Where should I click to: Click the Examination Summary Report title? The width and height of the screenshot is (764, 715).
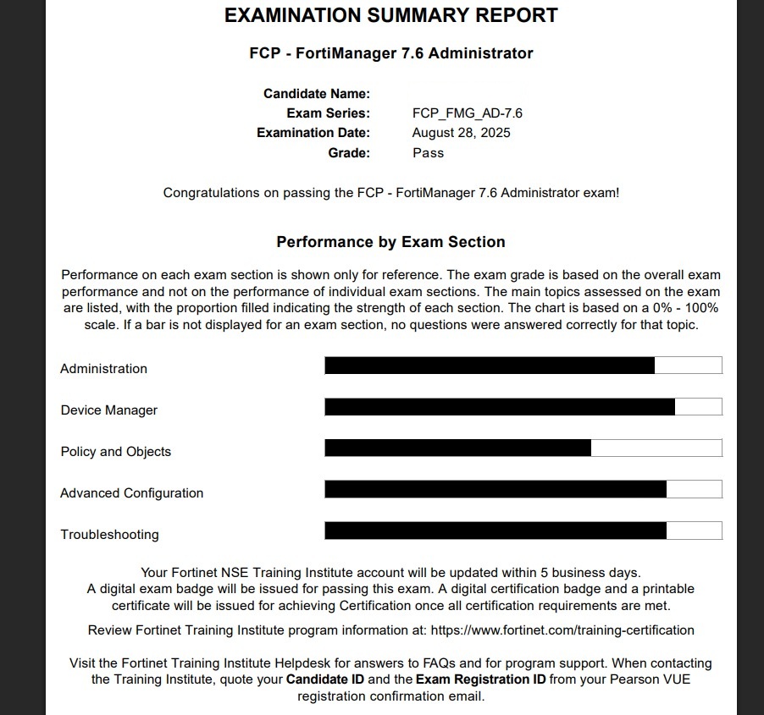pyautogui.click(x=390, y=15)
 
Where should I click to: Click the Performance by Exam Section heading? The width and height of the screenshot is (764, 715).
pyautogui.click(x=390, y=242)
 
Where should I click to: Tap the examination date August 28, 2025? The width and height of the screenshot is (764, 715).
pyautogui.click(x=461, y=133)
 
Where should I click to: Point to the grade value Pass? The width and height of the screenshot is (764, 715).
pyautogui.click(x=428, y=153)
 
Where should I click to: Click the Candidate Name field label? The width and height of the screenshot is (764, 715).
pyautogui.click(x=316, y=94)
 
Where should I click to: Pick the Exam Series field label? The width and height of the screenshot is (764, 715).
pyautogui.click(x=328, y=113)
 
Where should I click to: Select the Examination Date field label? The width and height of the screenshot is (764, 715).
pyautogui.click(x=313, y=133)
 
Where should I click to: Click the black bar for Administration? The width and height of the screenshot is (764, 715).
pyautogui.click(x=490, y=366)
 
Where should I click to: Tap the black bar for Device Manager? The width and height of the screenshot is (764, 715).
pyautogui.click(x=500, y=407)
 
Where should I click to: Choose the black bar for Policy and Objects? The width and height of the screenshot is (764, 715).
pyautogui.click(x=457, y=448)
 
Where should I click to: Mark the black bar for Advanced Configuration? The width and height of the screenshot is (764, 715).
pyautogui.click(x=495, y=489)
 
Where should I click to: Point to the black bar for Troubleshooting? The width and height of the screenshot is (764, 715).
pyautogui.click(x=495, y=531)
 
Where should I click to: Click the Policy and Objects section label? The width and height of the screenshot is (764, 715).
pyautogui.click(x=116, y=452)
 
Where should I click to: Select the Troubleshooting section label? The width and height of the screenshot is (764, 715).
pyautogui.click(x=109, y=535)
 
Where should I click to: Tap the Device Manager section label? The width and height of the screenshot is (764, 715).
pyautogui.click(x=108, y=410)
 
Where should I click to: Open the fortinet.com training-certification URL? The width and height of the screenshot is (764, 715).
pyautogui.click(x=562, y=630)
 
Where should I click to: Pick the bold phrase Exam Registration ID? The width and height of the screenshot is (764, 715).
pyautogui.click(x=480, y=679)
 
